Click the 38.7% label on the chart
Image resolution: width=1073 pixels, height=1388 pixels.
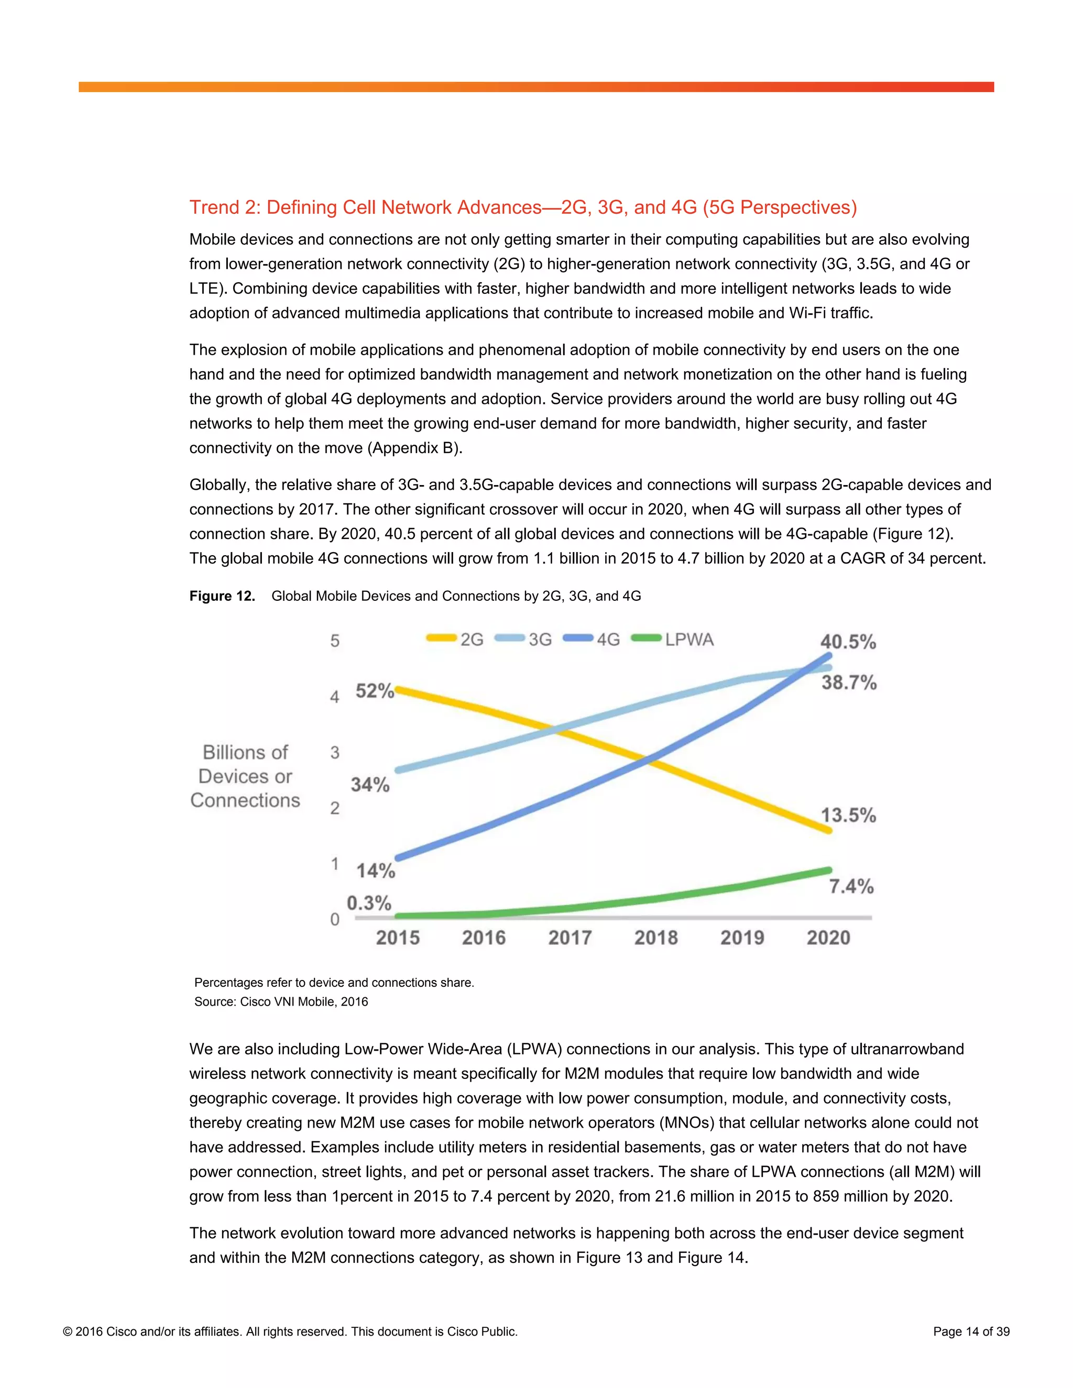tap(849, 682)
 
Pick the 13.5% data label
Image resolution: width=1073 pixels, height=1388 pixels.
tap(848, 815)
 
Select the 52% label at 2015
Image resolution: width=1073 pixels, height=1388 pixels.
tap(375, 691)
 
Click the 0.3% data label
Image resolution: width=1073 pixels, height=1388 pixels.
tap(369, 902)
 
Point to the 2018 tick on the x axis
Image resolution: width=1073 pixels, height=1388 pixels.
tap(656, 938)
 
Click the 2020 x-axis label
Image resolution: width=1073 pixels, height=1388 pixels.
tap(828, 938)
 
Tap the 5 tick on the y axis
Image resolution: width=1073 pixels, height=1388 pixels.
tap(335, 641)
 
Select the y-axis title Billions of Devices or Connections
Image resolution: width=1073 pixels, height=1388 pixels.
tap(245, 776)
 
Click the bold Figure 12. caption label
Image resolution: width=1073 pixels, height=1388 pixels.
tap(222, 596)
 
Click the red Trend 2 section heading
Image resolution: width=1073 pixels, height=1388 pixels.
tap(522, 207)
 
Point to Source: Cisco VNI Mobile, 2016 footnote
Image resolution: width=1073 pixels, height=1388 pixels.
tap(281, 1001)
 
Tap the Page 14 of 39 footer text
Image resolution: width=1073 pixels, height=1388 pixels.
tap(971, 1331)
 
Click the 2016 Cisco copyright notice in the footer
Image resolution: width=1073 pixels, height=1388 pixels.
tap(290, 1331)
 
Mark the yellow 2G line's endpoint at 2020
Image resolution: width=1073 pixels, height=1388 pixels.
tap(828, 830)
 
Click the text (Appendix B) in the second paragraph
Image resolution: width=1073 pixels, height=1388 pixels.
tap(414, 448)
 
